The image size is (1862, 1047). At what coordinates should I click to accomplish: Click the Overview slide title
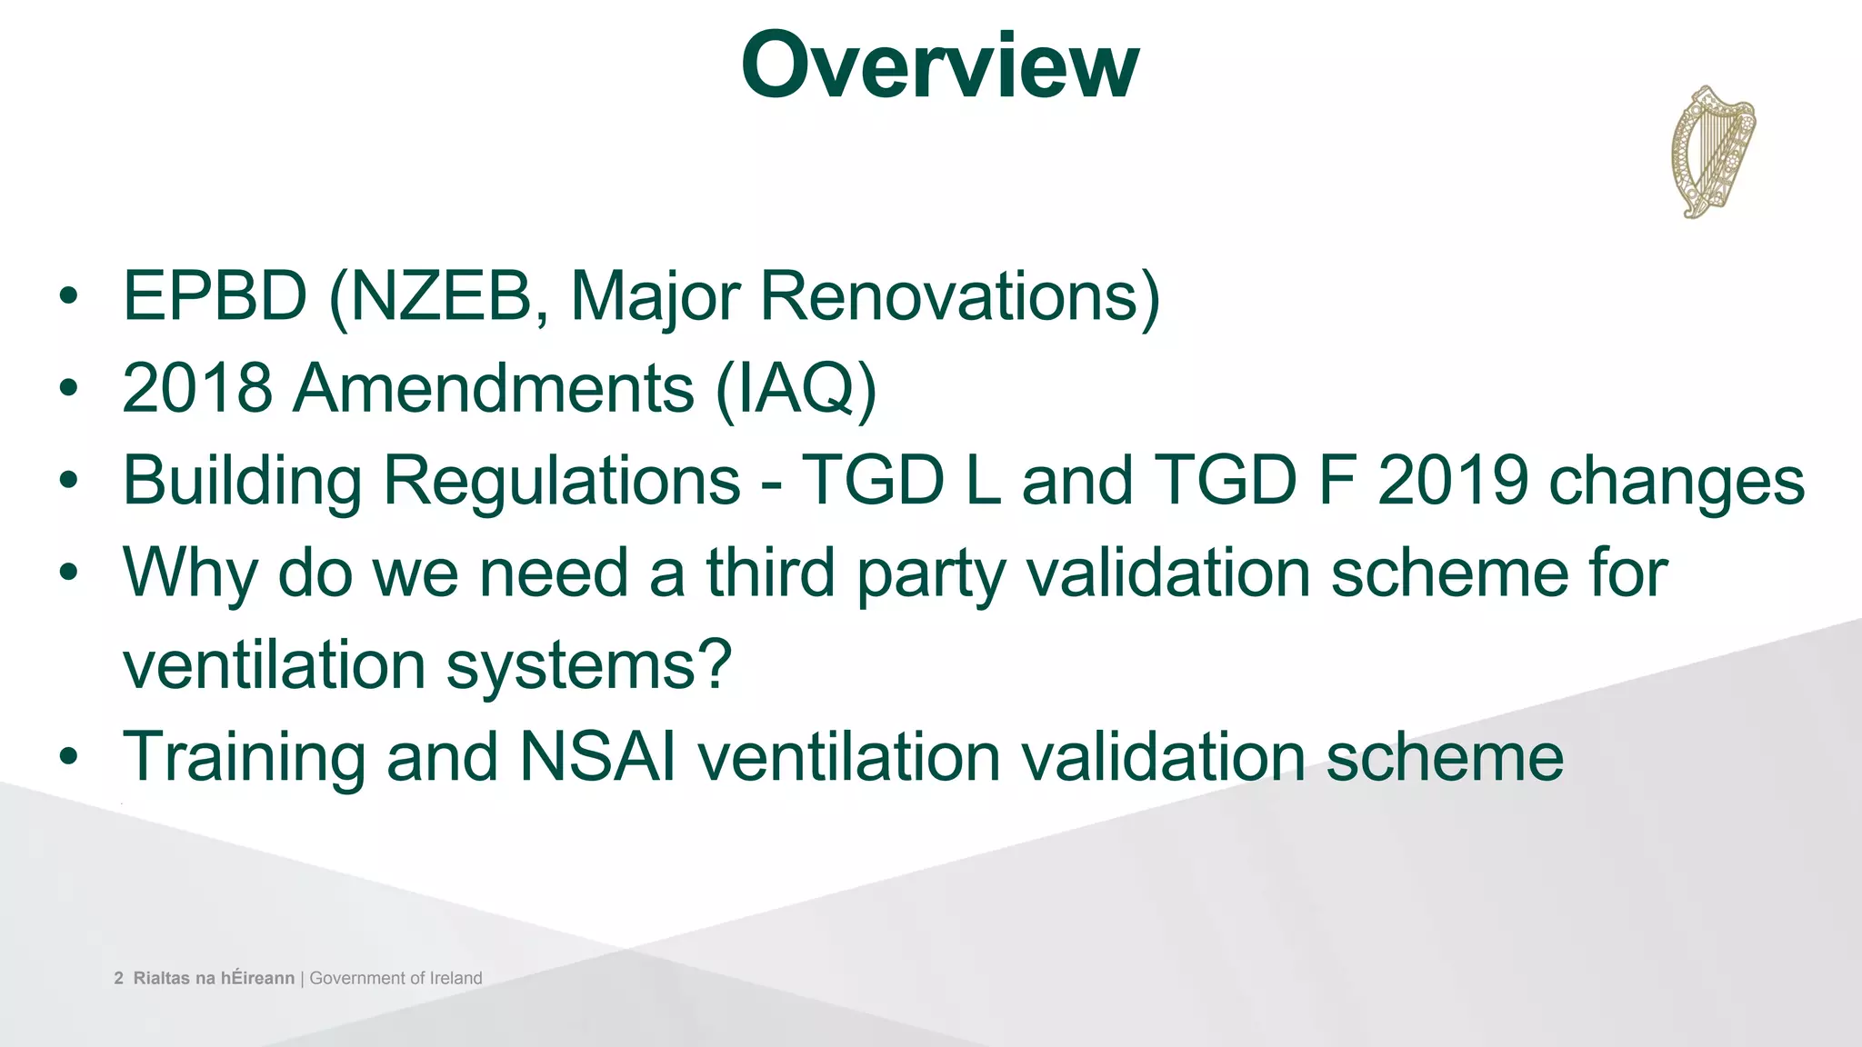(939, 65)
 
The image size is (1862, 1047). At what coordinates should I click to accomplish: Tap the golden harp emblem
(1712, 152)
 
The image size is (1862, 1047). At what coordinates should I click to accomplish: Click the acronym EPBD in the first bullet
(215, 296)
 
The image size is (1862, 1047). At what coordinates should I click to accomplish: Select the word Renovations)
(960, 296)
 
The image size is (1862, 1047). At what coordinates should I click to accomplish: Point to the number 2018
(197, 388)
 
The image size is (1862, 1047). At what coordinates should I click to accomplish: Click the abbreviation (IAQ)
(796, 388)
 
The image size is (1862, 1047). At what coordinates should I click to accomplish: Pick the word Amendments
(494, 388)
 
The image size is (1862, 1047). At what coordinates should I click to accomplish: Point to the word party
(930, 574)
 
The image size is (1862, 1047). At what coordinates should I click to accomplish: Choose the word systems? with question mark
(589, 666)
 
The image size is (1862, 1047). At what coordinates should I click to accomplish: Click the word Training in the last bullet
(244, 757)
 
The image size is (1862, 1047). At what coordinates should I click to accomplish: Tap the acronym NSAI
(597, 757)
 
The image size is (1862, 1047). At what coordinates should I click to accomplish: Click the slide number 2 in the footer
(118, 979)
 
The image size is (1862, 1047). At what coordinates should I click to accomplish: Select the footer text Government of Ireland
(395, 979)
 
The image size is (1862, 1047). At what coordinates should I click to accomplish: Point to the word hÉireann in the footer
(257, 979)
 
